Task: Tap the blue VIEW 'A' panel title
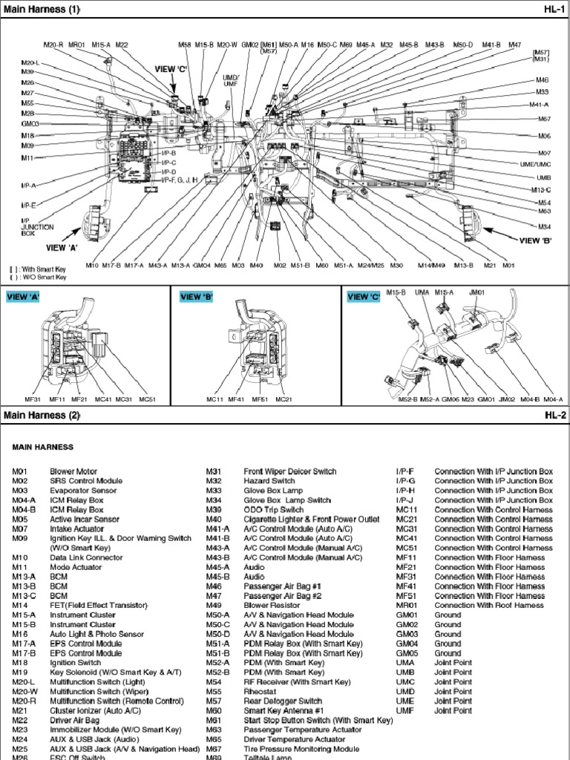tap(23, 297)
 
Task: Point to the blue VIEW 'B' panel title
tap(197, 297)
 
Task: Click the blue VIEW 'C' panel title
tap(364, 297)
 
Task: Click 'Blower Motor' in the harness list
tap(73, 471)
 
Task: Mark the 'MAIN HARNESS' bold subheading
tap(42, 448)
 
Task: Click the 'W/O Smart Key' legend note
tap(41, 277)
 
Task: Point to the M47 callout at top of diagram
tap(514, 45)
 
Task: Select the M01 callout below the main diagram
tap(508, 265)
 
